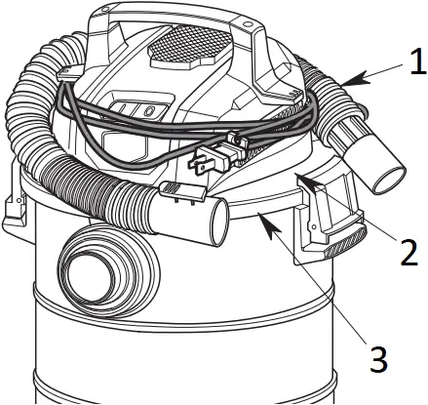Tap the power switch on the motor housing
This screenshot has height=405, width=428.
point(138,111)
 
